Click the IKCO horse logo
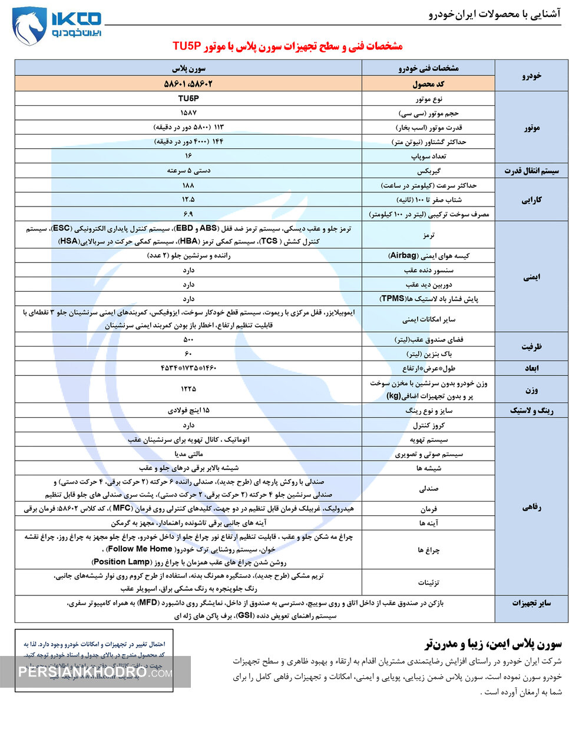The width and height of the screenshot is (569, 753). [x=29, y=26]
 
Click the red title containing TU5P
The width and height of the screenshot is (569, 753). [x=287, y=46]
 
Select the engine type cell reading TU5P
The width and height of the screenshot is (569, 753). [x=188, y=98]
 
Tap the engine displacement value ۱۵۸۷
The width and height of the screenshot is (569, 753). [x=188, y=112]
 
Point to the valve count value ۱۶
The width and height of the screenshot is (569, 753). [x=188, y=156]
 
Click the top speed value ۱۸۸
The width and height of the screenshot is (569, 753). [x=188, y=185]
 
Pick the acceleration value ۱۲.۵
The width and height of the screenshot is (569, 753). [x=188, y=199]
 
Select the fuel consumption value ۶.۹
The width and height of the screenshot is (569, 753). [x=188, y=214]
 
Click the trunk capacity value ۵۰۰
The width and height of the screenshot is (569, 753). [x=188, y=339]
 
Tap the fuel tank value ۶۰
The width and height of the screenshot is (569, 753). [x=188, y=354]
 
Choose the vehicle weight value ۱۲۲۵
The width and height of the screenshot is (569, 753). [x=188, y=389]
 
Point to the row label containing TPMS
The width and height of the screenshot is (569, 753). [x=428, y=299]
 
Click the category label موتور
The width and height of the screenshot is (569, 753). [x=531, y=127]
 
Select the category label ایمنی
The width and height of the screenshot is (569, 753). [x=531, y=277]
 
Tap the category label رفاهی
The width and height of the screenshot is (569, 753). [x=531, y=507]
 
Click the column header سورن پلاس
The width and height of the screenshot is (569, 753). [x=188, y=68]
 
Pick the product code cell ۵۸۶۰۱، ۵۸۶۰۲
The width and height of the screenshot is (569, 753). [x=188, y=84]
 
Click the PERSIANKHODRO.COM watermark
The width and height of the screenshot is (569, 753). [x=95, y=672]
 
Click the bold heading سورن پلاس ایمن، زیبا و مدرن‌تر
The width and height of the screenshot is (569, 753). [x=493, y=644]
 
